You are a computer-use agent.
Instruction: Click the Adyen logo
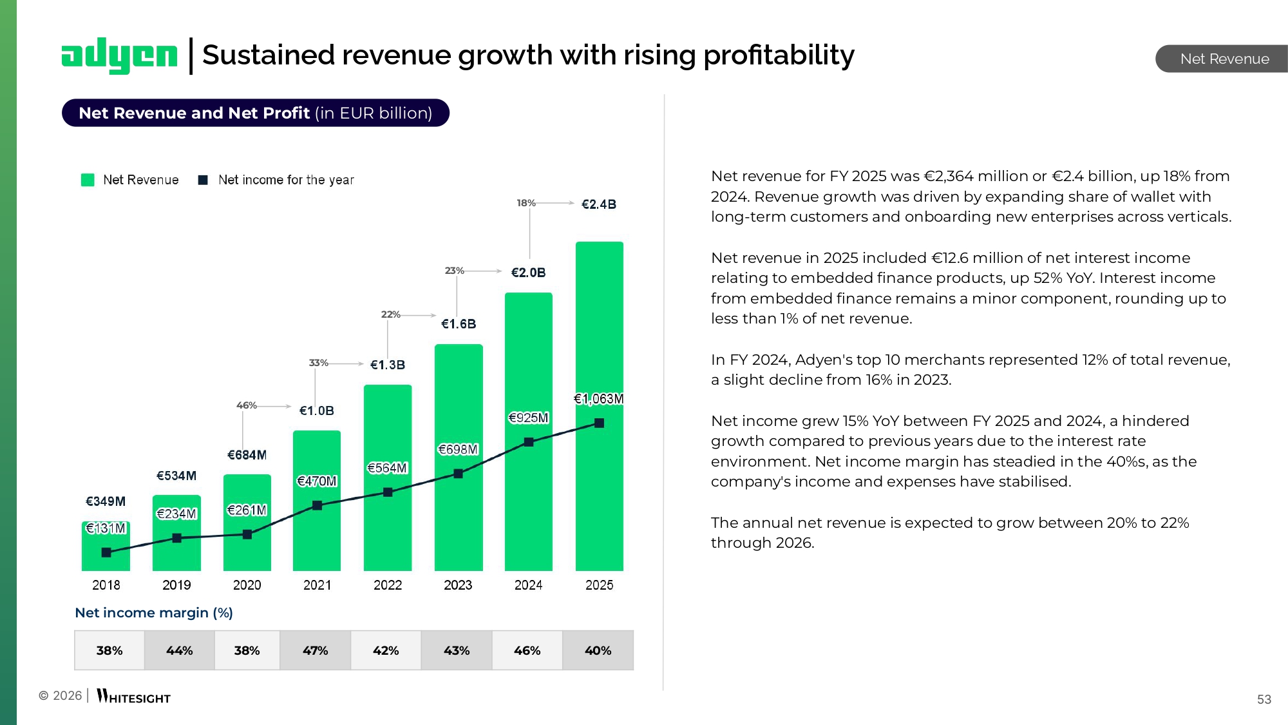tap(119, 55)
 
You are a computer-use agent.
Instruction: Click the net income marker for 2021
tap(317, 505)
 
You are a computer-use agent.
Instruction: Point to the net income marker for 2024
tap(529, 442)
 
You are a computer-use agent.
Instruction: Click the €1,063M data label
tap(598, 399)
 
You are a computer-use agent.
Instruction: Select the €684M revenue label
tap(247, 455)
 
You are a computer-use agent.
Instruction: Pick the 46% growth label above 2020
tap(246, 405)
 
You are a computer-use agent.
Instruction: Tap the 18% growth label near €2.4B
tap(526, 203)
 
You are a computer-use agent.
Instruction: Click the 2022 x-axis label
tap(388, 585)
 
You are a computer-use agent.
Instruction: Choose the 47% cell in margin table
tap(316, 650)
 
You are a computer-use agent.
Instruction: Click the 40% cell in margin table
tap(598, 650)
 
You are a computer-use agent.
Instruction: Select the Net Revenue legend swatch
tap(88, 180)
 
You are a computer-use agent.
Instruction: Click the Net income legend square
tap(203, 180)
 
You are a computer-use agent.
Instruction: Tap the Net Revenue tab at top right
tap(1224, 59)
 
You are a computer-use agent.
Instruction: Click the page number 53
tap(1264, 699)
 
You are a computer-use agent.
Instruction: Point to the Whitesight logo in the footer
tap(134, 697)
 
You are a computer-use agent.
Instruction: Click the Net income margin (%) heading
tap(154, 613)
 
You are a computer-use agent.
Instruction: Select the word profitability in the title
tap(779, 55)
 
